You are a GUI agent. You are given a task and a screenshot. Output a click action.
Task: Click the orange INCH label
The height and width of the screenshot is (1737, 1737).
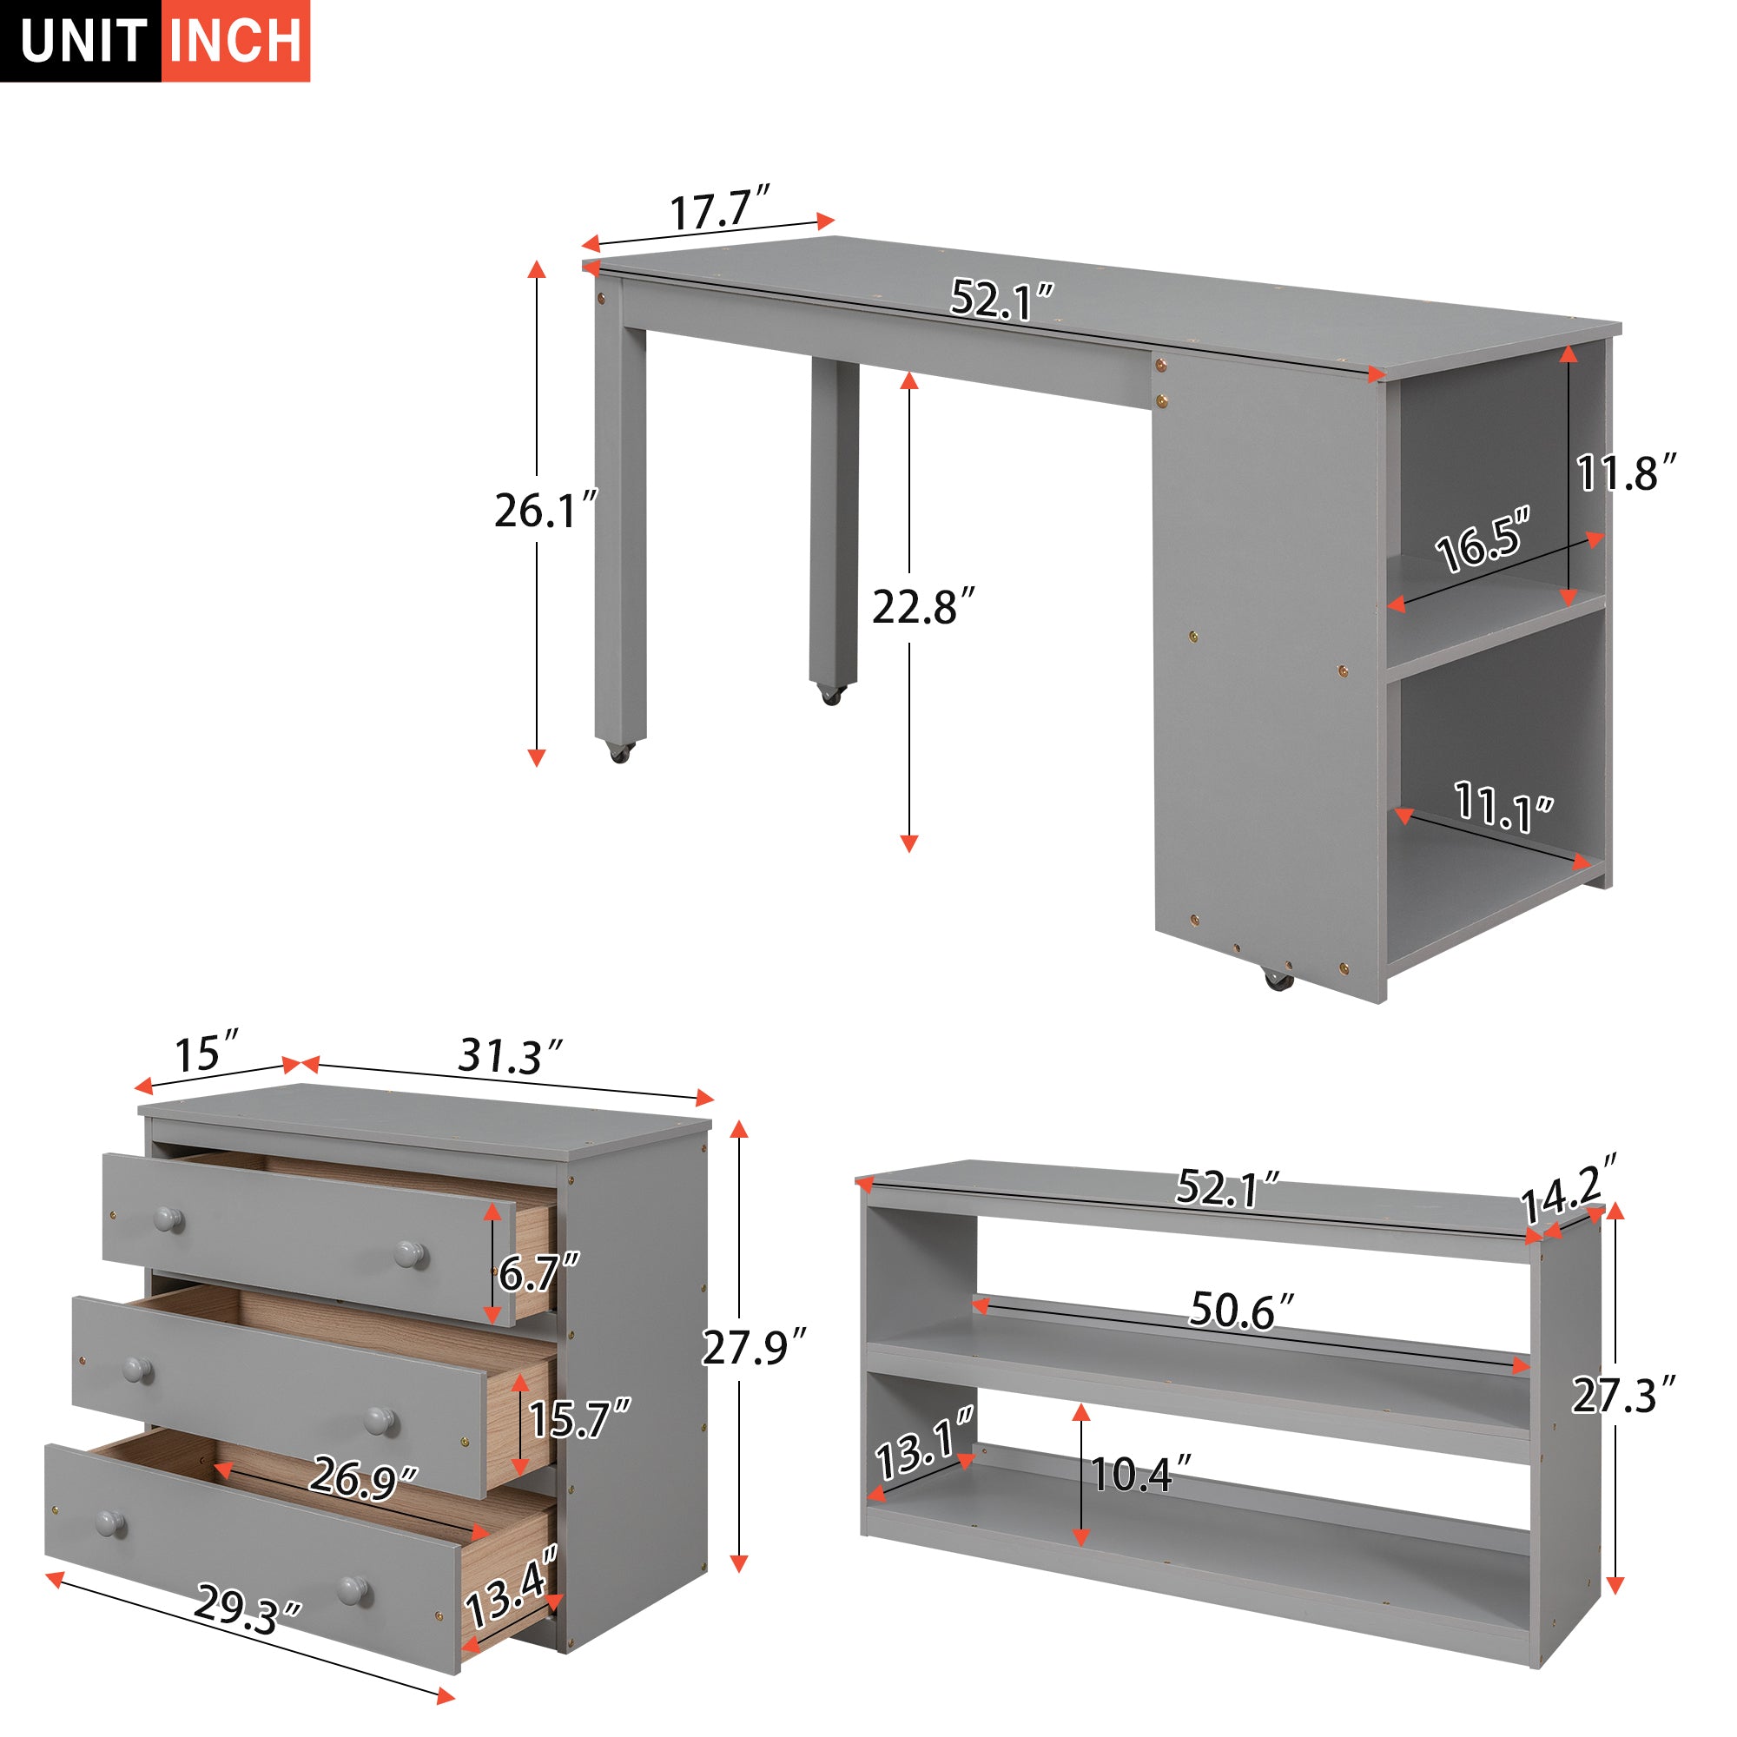pos(235,42)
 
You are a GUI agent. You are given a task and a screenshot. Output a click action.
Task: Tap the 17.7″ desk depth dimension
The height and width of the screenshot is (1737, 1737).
pos(720,210)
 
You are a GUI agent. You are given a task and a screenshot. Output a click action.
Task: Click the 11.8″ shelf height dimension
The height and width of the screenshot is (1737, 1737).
pos(1627,473)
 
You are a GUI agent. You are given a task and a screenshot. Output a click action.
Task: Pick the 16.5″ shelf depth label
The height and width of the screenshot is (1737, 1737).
pos(1482,541)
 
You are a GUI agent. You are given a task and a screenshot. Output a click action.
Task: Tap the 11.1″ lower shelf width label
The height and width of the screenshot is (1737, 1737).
pos(1503,807)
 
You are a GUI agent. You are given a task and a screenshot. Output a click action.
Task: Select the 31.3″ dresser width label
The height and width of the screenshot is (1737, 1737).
pos(510,1056)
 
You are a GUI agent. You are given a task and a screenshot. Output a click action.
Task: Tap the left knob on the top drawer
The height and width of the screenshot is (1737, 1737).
pos(168,1220)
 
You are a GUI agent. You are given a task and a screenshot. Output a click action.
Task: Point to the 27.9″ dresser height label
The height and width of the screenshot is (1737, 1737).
pos(753,1347)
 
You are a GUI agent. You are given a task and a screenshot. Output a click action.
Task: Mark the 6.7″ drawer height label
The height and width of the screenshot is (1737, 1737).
pos(538,1273)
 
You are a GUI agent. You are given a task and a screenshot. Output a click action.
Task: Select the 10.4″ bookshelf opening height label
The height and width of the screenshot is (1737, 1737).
pos(1140,1475)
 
